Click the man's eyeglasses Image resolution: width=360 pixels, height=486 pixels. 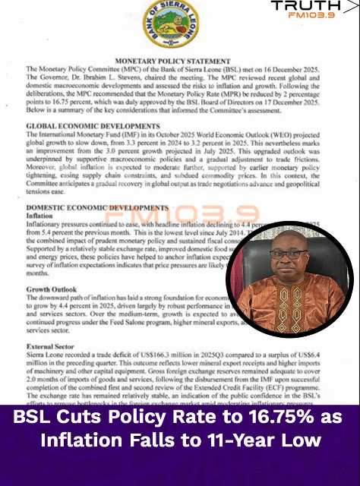pyautogui.click(x=289, y=254)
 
